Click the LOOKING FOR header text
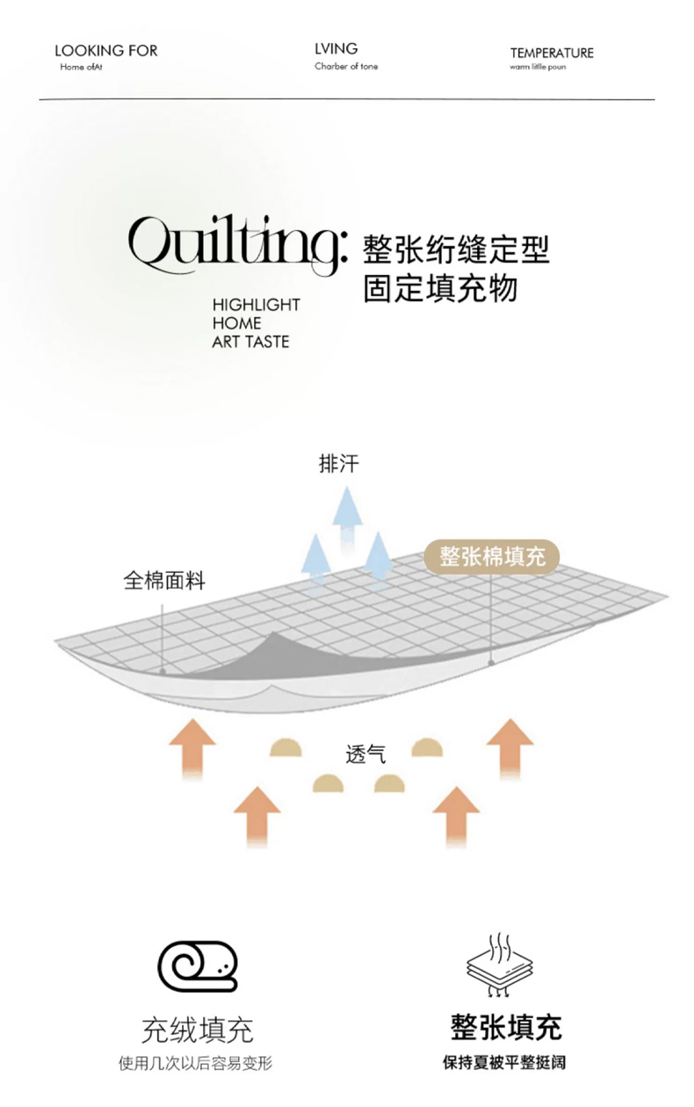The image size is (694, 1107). pos(105,51)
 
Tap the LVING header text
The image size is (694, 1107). pos(336,49)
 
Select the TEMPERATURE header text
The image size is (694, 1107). pos(552,53)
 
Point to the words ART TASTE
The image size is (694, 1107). pos(250,342)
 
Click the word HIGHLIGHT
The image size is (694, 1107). pos(256,305)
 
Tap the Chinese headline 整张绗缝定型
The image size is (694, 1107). pos(456,249)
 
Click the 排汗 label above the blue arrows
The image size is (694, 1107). pos(338,464)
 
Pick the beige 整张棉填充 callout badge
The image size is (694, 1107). pos(492,556)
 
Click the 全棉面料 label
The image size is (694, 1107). pos(164,581)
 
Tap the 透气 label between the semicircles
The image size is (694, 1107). pos(365,754)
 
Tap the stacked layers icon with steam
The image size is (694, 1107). pos(500,966)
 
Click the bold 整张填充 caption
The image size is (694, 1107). pos(506,1027)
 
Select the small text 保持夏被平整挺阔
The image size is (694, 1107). pos(504,1063)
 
